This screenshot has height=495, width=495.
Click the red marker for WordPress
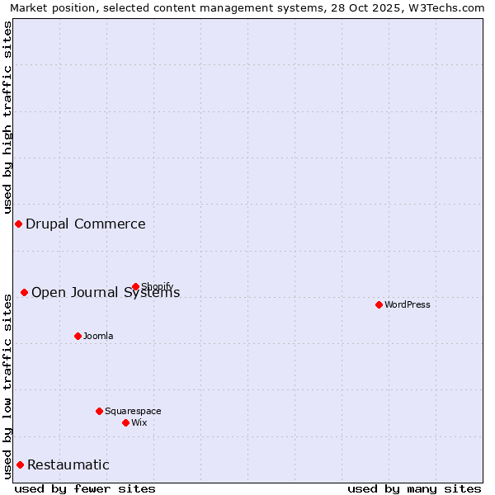pos(379,304)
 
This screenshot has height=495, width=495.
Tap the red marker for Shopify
pos(135,287)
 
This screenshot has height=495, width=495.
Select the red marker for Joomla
pos(78,336)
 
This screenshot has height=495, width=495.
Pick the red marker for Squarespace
pos(99,411)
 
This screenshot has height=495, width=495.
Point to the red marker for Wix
pos(125,422)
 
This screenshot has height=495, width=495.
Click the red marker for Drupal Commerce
pos(18,224)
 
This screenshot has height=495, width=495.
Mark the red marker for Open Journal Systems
pos(24,292)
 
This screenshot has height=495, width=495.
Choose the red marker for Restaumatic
pos(20,464)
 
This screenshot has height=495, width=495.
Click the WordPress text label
pos(408,304)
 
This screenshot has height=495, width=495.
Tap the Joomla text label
pos(98,336)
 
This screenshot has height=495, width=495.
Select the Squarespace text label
pos(133,411)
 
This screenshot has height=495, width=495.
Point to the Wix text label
pos(139,422)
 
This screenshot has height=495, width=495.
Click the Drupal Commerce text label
pos(86,224)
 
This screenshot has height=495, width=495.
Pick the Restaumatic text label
pos(68,464)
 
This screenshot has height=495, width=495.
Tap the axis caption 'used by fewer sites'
pos(85,488)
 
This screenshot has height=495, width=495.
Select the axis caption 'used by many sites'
pos(414,488)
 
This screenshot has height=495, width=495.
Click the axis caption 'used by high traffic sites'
pos(7,117)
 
